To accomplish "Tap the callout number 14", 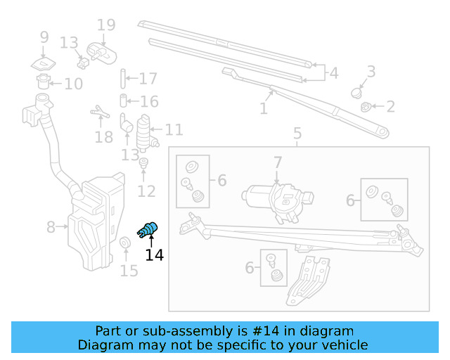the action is click(155, 255).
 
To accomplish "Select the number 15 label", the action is click(129, 270).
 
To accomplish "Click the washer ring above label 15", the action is click(125, 244).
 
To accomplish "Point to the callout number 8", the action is click(51, 227).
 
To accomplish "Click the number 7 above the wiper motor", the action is click(278, 162).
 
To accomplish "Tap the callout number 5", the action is click(297, 133).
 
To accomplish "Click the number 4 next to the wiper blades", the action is click(333, 72).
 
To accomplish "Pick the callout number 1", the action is click(264, 109).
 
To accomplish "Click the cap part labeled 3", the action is click(357, 91).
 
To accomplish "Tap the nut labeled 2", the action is click(366, 107).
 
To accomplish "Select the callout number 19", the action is click(105, 26).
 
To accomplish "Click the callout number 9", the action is click(44, 37).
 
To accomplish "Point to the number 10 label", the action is click(73, 84).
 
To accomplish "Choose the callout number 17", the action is click(148, 79).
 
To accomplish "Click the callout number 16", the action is click(148, 102).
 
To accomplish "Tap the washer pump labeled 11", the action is click(146, 130).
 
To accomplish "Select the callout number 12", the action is click(146, 191).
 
